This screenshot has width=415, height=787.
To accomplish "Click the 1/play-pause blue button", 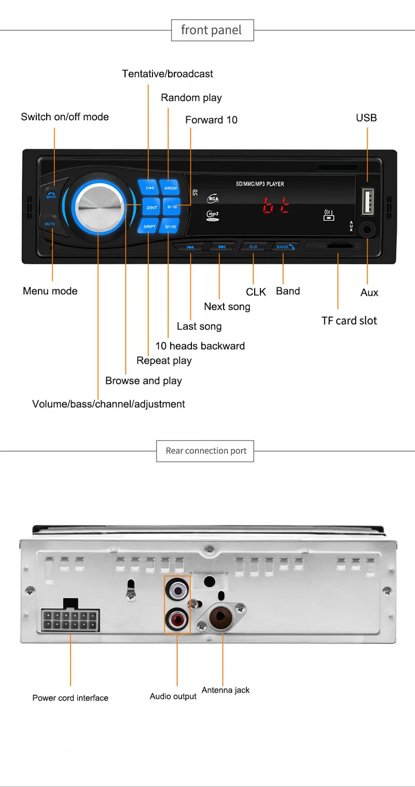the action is coord(149,188).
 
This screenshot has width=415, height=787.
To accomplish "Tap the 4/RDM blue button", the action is coord(171,188).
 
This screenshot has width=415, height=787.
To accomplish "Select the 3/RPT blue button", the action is coord(149,227).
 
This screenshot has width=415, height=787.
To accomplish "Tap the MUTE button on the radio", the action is coord(50,223).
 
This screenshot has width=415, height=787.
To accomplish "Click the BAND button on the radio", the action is coord(284,247).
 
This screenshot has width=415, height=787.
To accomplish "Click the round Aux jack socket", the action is coord(368,229).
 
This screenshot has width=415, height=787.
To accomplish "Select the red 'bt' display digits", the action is coord(275,206).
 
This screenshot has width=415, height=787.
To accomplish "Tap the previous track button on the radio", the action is coord(190,247).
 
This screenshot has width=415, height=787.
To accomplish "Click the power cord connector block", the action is coord(71,619).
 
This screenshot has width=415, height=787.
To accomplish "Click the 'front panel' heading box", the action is coord(212,30).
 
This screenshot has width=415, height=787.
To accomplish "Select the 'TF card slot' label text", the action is coord(349,320).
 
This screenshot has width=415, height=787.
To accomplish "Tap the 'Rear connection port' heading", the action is coord(206,451).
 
